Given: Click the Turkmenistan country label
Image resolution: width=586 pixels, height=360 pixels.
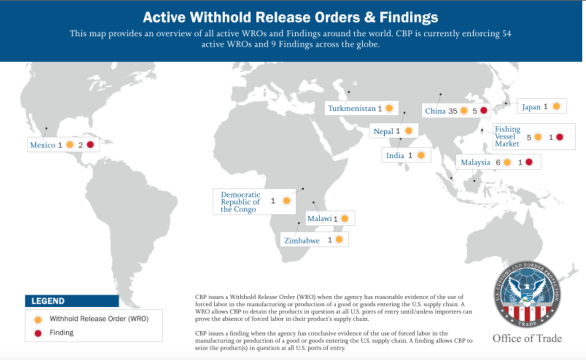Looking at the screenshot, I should tap(352, 109).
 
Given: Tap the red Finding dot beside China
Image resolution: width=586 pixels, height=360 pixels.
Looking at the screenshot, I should tap(484, 111).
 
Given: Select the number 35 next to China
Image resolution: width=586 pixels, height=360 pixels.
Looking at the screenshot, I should tap(453, 111).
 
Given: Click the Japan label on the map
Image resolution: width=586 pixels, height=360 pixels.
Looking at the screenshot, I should tap(531, 107).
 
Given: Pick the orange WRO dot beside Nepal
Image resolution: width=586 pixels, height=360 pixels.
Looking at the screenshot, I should tap(408, 131).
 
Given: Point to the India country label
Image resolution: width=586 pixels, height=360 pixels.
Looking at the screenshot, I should tap(395, 156).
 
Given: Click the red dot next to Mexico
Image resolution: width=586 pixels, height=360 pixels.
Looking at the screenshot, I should tap(90, 145).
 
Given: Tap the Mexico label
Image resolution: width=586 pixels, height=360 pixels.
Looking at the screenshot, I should tap(42, 146).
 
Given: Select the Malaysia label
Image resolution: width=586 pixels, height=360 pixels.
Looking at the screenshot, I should tap(475, 162).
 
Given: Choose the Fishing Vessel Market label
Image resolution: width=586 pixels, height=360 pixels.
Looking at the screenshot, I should tap(507, 136).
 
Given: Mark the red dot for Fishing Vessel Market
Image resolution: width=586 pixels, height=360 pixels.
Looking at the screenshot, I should tap(559, 137).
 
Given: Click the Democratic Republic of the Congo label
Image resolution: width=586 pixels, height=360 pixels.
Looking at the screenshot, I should tap(240, 202).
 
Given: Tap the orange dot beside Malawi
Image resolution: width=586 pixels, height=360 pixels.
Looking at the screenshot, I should tap(344, 219).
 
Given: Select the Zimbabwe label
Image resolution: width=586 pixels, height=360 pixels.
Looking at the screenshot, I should tap(302, 240).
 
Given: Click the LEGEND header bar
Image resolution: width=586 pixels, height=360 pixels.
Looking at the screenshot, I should tap(72, 301).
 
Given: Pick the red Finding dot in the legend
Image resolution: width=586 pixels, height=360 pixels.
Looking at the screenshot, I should tap(37, 332).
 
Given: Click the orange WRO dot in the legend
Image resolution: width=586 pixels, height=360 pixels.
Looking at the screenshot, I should tap(37, 319).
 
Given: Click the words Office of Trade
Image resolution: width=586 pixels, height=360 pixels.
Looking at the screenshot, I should tap(527, 339).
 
